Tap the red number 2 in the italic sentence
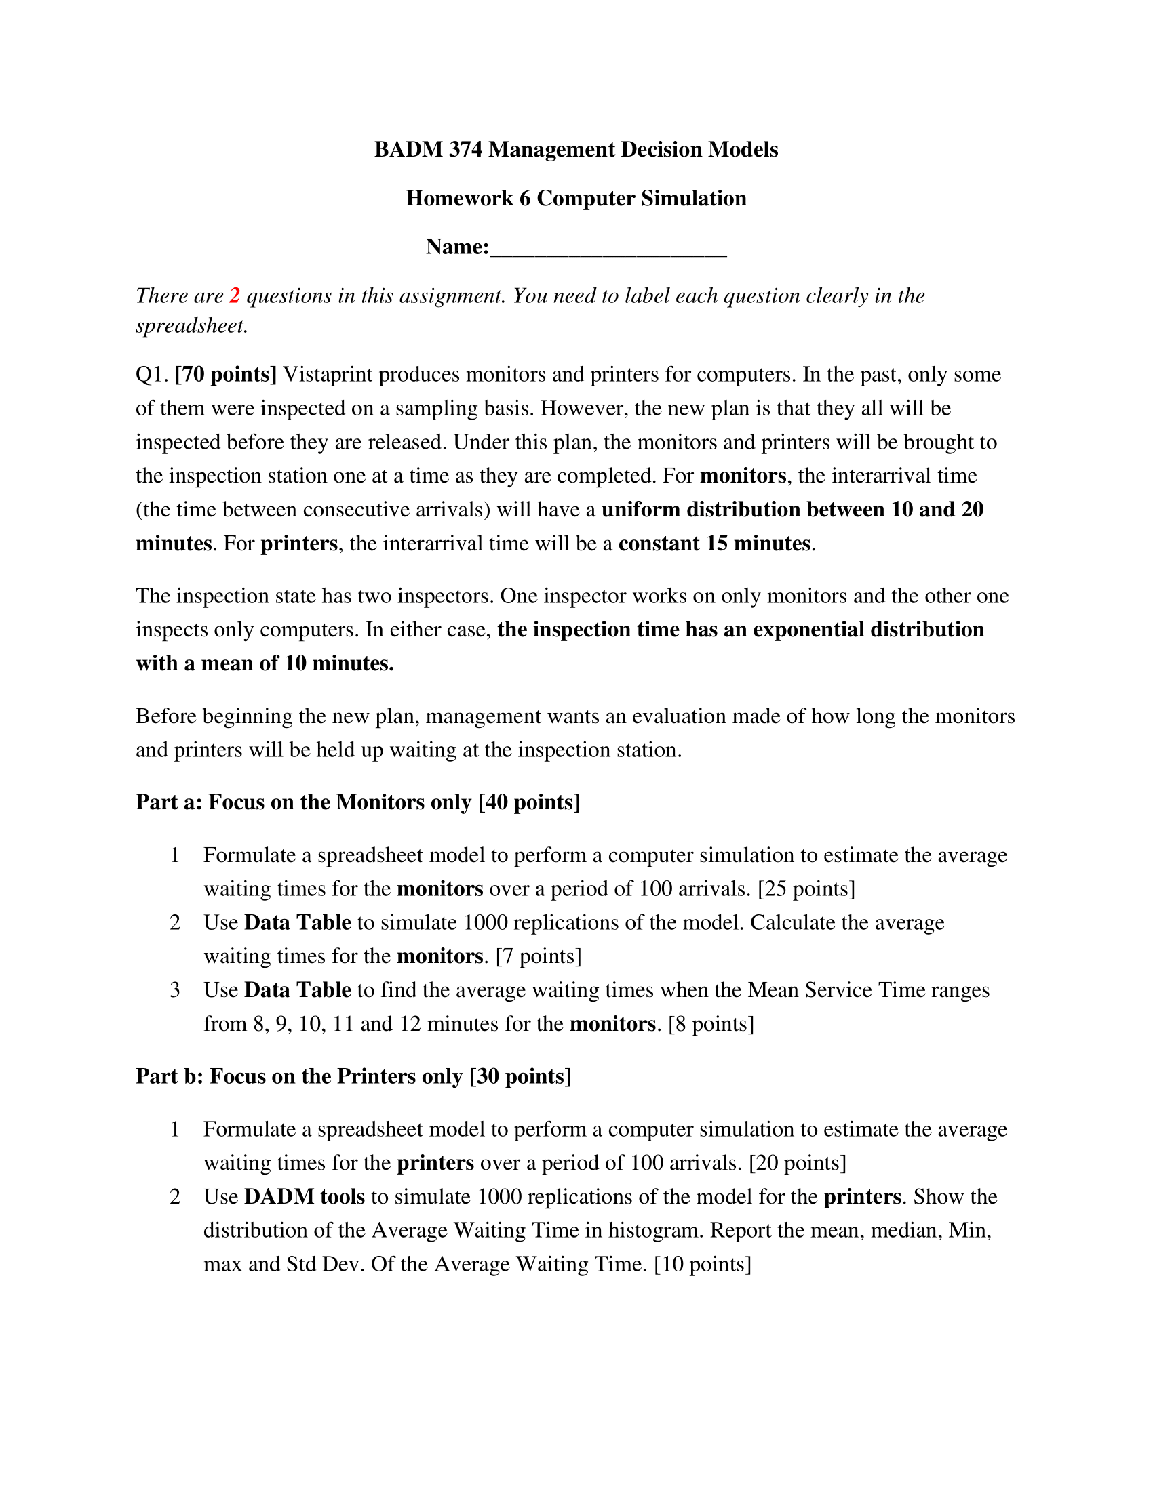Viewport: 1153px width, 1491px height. coord(235,295)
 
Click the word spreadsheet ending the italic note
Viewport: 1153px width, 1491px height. coord(191,327)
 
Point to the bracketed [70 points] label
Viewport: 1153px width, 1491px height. coord(226,375)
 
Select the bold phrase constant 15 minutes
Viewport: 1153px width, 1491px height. coord(715,544)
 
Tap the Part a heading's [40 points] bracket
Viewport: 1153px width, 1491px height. coord(530,802)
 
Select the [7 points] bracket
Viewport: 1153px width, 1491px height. coord(539,956)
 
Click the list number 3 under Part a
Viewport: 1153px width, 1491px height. coord(175,991)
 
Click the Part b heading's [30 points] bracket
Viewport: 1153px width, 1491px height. coord(520,1077)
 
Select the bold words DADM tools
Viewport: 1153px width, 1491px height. coord(305,1197)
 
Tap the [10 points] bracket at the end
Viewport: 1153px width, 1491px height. coord(702,1265)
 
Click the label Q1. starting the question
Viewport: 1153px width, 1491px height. coord(152,375)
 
